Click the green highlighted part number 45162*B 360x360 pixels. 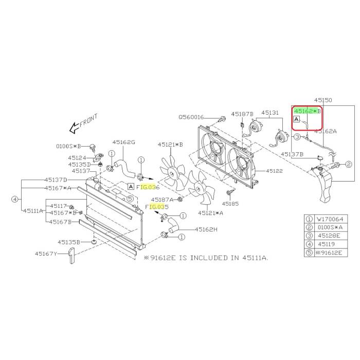[x=307, y=111]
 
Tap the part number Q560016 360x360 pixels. [x=191, y=117]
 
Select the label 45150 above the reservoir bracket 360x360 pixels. [x=323, y=100]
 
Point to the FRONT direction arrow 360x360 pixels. [x=74, y=128]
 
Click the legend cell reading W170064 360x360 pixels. [x=330, y=219]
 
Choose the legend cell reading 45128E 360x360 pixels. [x=329, y=236]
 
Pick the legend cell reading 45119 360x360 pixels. [x=327, y=244]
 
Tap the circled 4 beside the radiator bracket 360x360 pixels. [x=15, y=199]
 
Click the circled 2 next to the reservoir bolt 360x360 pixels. [x=349, y=165]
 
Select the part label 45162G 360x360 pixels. [x=124, y=142]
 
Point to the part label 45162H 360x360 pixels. [x=206, y=229]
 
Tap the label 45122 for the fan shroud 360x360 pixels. [x=274, y=171]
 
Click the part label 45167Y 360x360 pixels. [x=46, y=254]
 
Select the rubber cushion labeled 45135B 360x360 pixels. [x=94, y=242]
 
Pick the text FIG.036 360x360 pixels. [x=148, y=187]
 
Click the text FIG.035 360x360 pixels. [x=157, y=207]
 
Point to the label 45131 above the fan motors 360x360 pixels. [x=270, y=113]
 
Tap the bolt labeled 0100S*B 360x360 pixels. [x=93, y=147]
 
